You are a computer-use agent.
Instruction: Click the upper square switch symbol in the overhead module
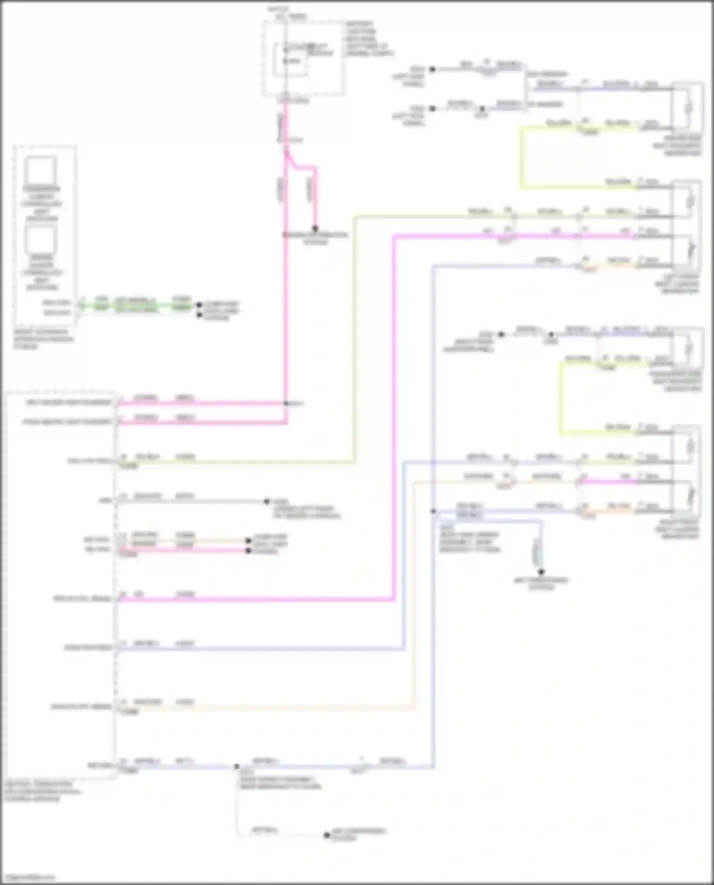[41, 170]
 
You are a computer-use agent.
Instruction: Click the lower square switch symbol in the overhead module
[41, 240]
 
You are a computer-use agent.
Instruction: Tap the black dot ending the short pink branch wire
[315, 229]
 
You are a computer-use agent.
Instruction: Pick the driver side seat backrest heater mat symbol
[687, 108]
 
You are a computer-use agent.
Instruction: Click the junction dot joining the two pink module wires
[286, 403]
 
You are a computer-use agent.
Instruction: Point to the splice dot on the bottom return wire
[237, 767]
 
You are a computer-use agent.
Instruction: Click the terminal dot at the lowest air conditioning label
[327, 836]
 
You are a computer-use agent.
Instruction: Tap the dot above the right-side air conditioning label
[541, 572]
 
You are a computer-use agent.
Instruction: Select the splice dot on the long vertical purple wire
[433, 511]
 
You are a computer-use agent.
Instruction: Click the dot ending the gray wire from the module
[267, 501]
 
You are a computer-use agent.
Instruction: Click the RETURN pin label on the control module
[100, 766]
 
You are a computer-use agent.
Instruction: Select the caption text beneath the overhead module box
[43, 339]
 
